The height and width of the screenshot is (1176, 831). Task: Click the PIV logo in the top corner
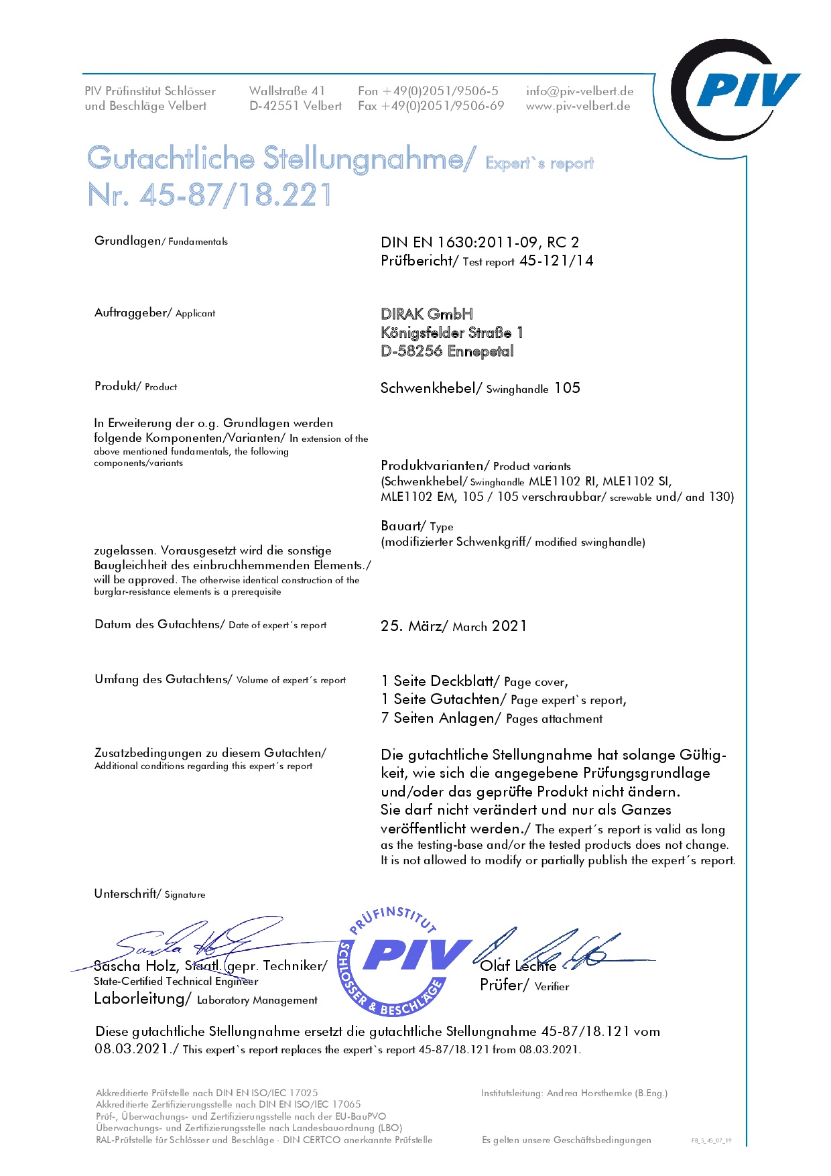click(x=736, y=90)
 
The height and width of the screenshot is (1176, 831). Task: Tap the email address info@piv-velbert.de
click(x=580, y=91)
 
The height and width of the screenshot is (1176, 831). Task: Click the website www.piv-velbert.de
click(x=578, y=106)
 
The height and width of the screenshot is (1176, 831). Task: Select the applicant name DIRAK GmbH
click(x=427, y=314)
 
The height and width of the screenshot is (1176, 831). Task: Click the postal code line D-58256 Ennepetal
click(x=447, y=351)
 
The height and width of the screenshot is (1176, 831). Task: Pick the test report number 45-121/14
click(x=556, y=261)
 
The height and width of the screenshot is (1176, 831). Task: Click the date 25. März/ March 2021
click(x=454, y=626)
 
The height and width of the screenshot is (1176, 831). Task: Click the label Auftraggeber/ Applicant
click(x=155, y=312)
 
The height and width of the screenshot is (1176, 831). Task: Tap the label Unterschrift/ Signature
click(x=149, y=894)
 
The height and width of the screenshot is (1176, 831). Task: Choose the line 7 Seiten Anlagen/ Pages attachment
click(x=491, y=718)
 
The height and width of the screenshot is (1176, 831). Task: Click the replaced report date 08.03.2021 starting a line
click(x=131, y=1049)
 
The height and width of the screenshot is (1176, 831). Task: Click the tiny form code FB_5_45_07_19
click(x=711, y=1140)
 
